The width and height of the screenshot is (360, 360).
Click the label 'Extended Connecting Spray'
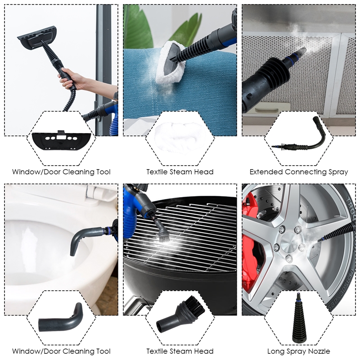[x=299, y=171]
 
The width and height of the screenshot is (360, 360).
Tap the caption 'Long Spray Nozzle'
[x=299, y=351]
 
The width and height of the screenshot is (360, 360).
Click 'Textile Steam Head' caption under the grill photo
[x=180, y=351]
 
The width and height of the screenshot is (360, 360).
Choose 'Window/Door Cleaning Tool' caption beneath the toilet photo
[x=61, y=351]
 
